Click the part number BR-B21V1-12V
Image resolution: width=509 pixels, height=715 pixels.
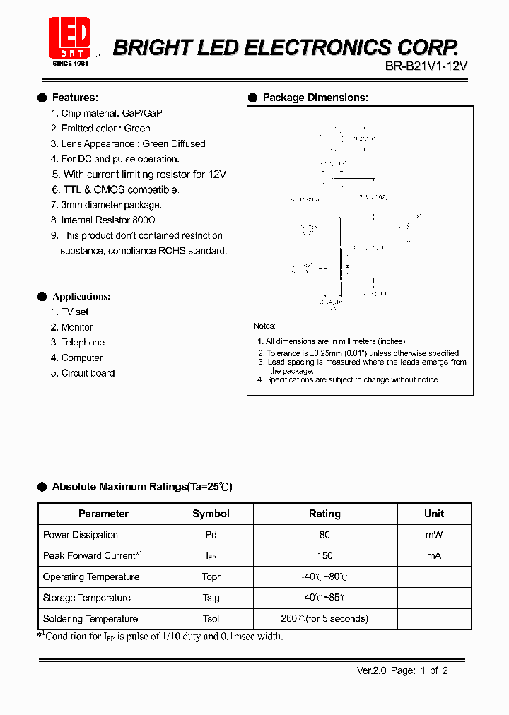[x=426, y=66]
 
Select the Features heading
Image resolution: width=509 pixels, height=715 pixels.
[x=75, y=97]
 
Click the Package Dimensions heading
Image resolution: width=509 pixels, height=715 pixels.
[x=315, y=97]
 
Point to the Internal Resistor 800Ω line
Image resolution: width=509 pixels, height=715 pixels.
[x=108, y=220]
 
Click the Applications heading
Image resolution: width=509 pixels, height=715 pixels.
[x=81, y=297]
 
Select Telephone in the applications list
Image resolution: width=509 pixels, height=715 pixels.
[x=83, y=343]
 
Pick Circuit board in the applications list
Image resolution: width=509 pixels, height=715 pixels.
[x=88, y=373]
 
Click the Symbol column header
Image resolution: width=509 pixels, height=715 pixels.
[x=211, y=514]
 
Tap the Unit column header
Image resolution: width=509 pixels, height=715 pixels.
[x=434, y=514]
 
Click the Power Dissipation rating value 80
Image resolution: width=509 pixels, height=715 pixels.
[x=324, y=536]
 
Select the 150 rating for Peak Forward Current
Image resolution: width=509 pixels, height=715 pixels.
[x=324, y=556]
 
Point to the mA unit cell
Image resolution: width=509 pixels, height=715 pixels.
[x=433, y=556]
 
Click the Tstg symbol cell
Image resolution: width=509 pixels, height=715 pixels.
[x=211, y=598]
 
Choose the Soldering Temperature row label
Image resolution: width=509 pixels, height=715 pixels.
[x=90, y=619]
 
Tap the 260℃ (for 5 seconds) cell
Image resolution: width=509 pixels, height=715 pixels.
[x=324, y=619]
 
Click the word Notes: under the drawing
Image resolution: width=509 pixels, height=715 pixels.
[x=265, y=326]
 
